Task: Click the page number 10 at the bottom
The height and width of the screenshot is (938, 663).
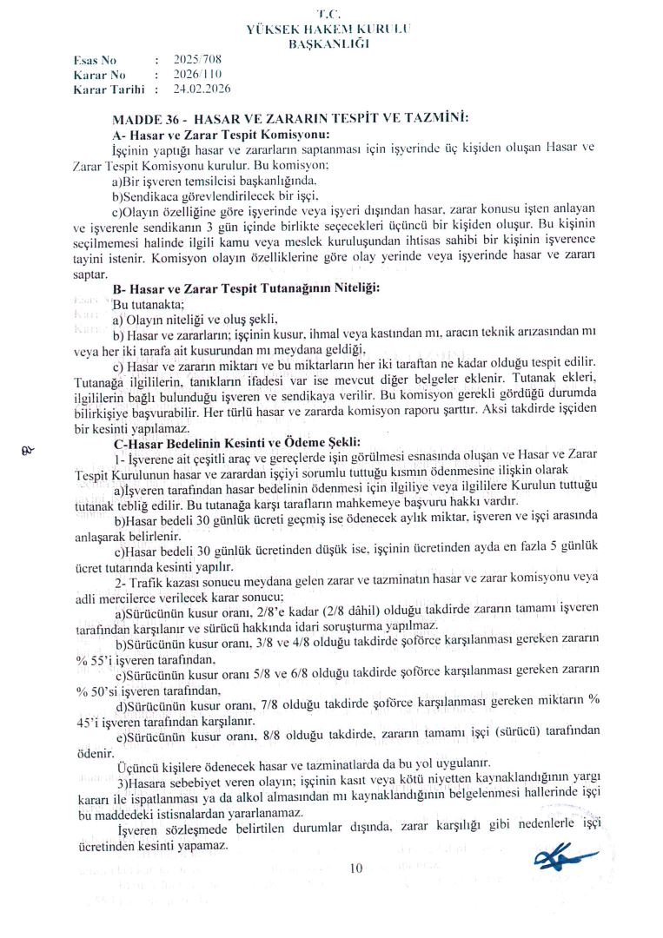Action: pos(356,868)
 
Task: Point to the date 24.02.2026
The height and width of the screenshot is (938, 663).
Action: pos(201,89)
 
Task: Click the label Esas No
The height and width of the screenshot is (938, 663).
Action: pos(95,61)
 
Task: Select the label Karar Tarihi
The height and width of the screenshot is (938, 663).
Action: pos(108,89)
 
